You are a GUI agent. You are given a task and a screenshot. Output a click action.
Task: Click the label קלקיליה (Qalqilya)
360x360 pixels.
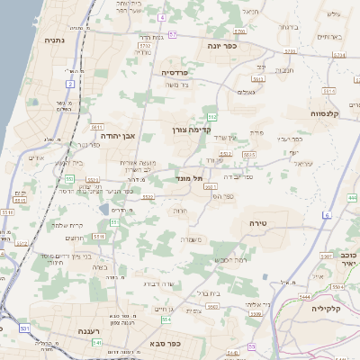point(328,309)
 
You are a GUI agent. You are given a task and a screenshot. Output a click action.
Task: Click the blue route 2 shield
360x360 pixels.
point(69,84)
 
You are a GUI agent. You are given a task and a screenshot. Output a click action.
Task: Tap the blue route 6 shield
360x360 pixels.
point(328,214)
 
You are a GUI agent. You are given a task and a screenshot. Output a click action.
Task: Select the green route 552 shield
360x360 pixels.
point(211,116)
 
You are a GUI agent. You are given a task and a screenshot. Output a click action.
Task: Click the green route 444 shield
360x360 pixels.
point(353,197)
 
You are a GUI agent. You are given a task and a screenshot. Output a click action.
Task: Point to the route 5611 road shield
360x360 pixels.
point(96,127)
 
